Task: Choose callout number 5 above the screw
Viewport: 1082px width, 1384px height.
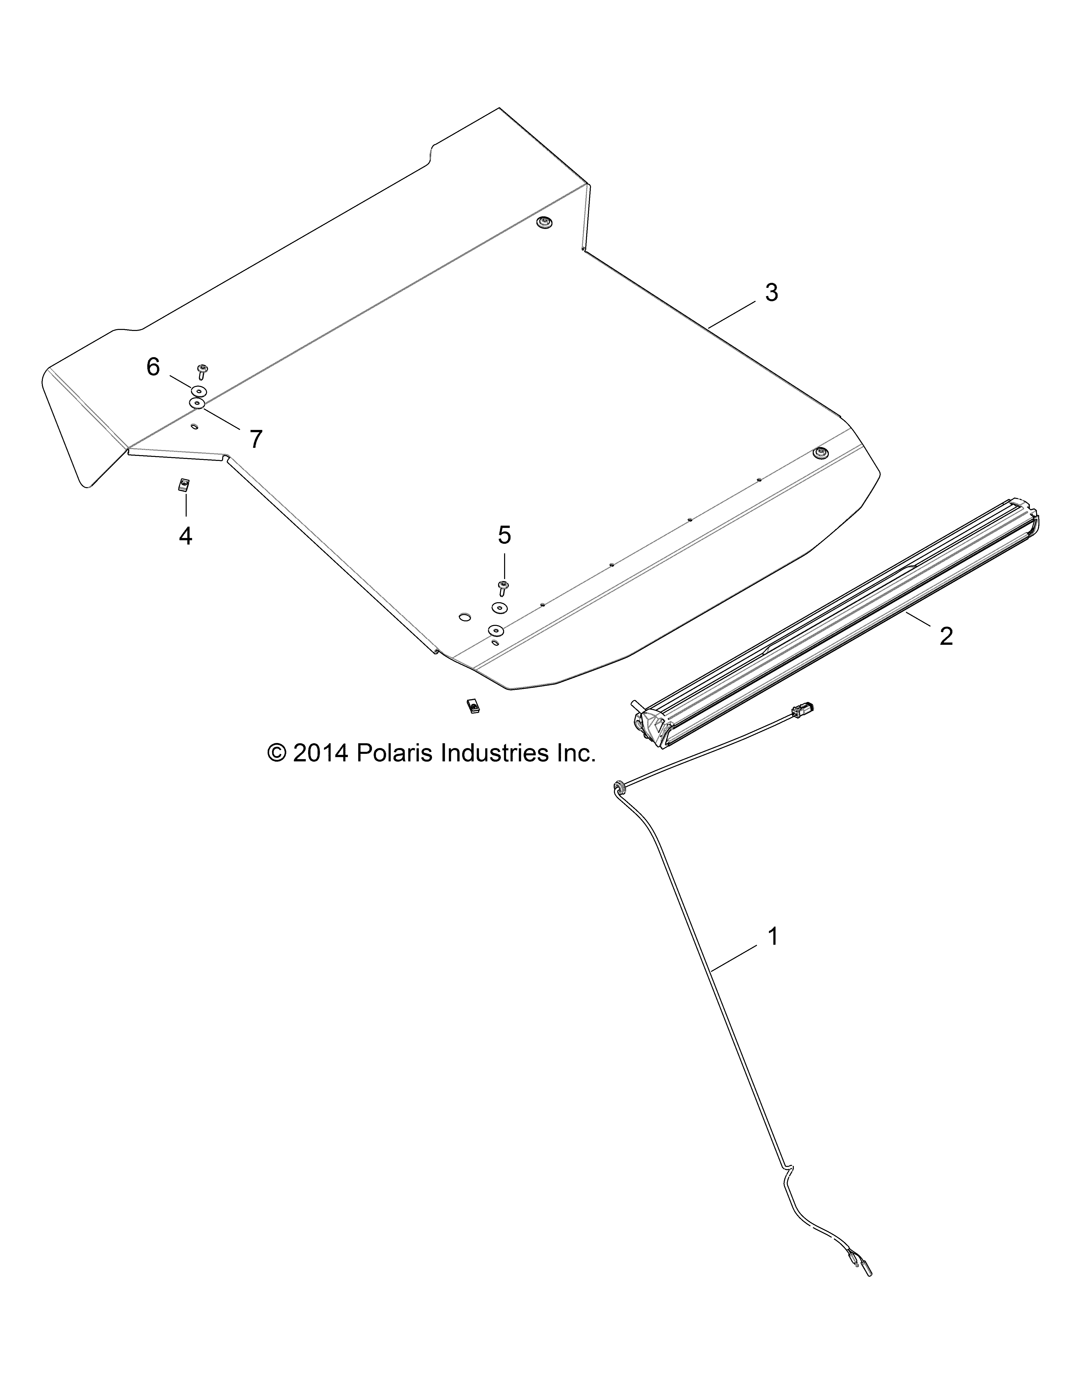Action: [x=504, y=535]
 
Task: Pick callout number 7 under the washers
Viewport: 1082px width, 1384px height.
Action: [x=255, y=438]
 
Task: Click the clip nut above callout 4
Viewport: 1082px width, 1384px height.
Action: [x=184, y=485]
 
